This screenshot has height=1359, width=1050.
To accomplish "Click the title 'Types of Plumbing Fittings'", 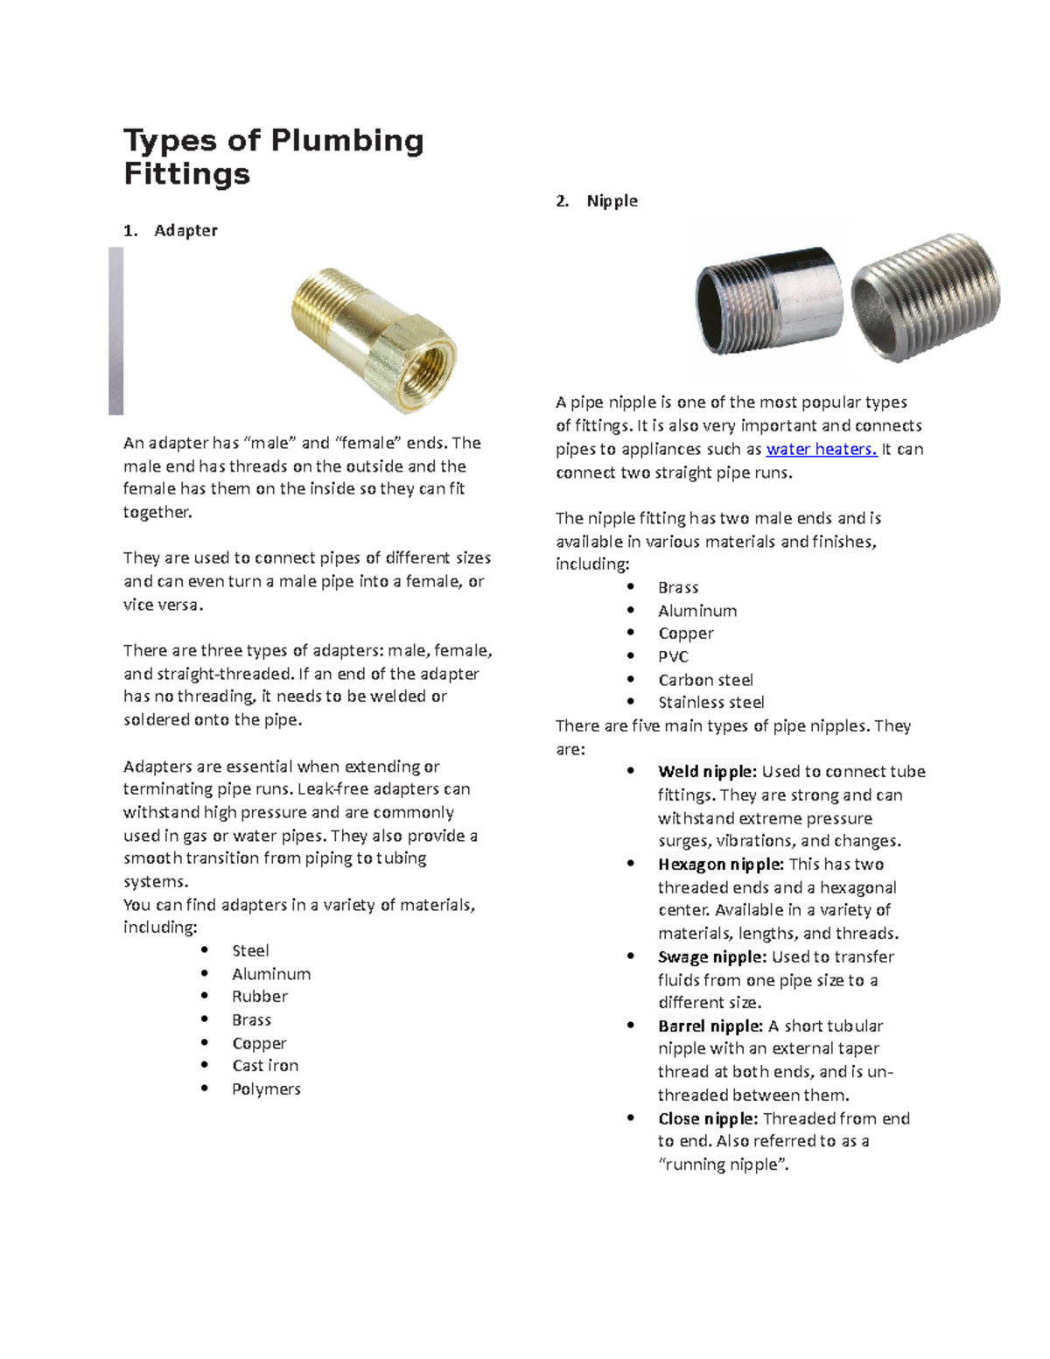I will [273, 157].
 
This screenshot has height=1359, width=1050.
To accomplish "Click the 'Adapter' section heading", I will [185, 230].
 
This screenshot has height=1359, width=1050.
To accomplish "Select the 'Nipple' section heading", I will [612, 200].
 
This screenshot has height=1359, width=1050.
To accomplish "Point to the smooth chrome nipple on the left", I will [769, 301].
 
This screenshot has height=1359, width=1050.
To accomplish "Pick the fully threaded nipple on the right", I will [926, 296].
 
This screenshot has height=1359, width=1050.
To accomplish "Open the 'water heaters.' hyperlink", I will [821, 449].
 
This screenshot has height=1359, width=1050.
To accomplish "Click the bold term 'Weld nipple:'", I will [707, 772].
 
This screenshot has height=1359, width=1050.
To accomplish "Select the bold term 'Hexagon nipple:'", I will [720, 865].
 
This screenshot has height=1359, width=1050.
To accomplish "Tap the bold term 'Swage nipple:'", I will [712, 956].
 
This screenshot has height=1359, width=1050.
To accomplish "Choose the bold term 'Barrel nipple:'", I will [710, 1026].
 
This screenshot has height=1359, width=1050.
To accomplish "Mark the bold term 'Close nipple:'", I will [707, 1118].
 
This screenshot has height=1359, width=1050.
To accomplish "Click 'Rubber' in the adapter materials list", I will [259, 997].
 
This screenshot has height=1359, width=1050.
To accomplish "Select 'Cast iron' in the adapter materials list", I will [265, 1066].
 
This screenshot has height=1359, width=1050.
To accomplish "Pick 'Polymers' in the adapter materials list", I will [266, 1089].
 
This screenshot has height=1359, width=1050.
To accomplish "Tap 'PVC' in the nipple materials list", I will [673, 656].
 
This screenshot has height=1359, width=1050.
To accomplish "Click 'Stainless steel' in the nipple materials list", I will [710, 703].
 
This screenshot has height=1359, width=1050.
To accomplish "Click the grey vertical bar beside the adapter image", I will [115, 331].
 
